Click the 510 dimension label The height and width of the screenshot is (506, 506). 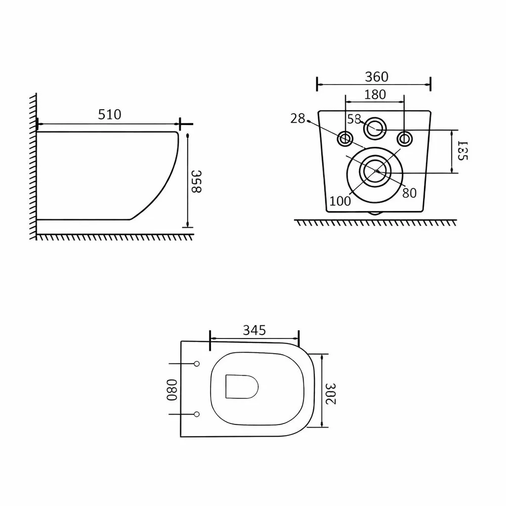tap(110, 114)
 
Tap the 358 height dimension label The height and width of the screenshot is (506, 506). tap(196, 181)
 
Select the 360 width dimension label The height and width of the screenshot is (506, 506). tap(376, 77)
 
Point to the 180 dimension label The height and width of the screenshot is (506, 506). tap(375, 95)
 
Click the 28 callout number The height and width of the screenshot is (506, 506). tap(298, 118)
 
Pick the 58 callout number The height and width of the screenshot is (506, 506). tap(354, 119)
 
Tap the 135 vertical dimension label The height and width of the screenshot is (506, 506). tap(462, 150)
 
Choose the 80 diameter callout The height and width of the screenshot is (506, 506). tap(409, 193)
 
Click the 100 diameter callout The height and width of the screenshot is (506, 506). tap(340, 201)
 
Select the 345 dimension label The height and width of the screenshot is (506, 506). tap(255, 330)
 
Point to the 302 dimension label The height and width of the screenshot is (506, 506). tap(331, 394)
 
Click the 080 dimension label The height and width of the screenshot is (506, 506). tap(172, 390)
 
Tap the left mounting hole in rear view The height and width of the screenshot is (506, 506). tap(345, 139)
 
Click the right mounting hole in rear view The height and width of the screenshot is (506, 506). tap(404, 139)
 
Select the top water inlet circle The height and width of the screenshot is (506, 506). tap(375, 129)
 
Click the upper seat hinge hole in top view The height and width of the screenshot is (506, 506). tap(196, 364)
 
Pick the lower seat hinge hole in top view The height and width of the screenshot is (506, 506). tap(196, 414)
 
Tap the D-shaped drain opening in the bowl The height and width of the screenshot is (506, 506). tap(242, 387)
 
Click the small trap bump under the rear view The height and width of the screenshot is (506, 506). tap(374, 214)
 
